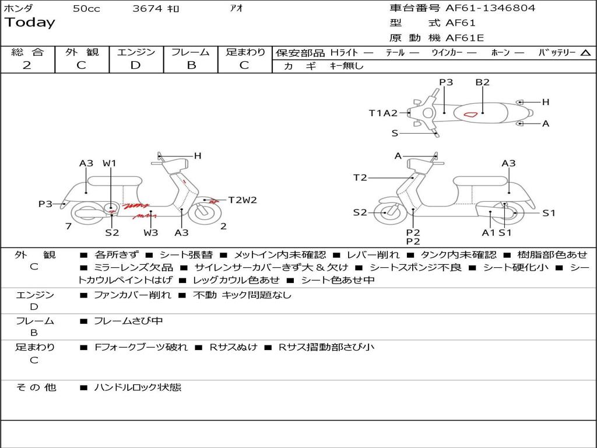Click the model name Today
pyautogui.click(x=30, y=23)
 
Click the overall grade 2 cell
pyautogui.click(x=27, y=65)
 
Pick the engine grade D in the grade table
pyautogui.click(x=135, y=65)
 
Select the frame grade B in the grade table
pyautogui.click(x=191, y=65)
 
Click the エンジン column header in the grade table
pyautogui.click(x=136, y=52)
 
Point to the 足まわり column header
pyautogui.click(x=245, y=52)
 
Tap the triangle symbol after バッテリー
pyautogui.click(x=585, y=52)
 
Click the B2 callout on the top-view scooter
pyautogui.click(x=482, y=82)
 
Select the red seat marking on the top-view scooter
pyautogui.click(x=473, y=111)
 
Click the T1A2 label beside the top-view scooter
pyautogui.click(x=383, y=113)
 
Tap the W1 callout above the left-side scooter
pyautogui.click(x=110, y=163)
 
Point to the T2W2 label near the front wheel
pyautogui.click(x=242, y=200)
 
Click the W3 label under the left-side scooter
pyautogui.click(x=151, y=233)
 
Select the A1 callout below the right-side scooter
pyautogui.click(x=488, y=233)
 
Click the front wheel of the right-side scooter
pyautogui.click(x=385, y=212)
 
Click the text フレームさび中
pyautogui.click(x=128, y=321)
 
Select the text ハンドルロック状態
pyautogui.click(x=138, y=387)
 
